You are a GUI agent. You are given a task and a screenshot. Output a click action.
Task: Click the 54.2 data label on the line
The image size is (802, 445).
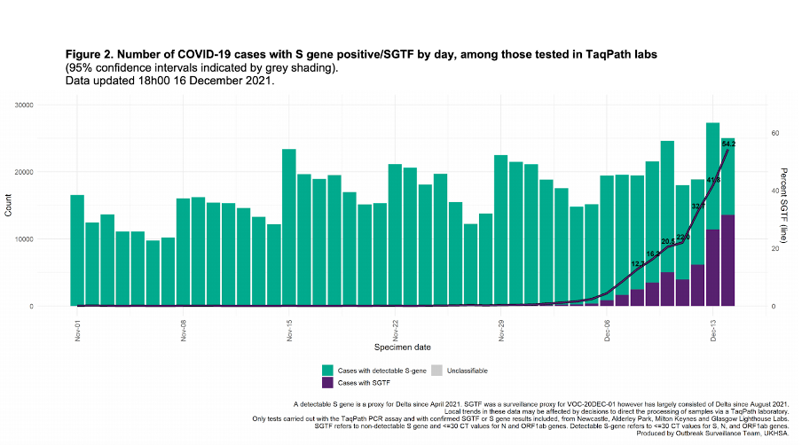(x=728, y=144)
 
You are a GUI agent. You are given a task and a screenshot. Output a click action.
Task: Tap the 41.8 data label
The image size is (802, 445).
(x=713, y=180)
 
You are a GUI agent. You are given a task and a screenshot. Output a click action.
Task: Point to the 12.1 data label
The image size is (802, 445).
(x=637, y=264)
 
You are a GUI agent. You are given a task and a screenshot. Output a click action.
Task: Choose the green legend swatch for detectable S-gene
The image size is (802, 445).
(x=328, y=370)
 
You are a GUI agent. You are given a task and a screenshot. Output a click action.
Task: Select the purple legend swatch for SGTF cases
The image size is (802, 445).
(x=328, y=382)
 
